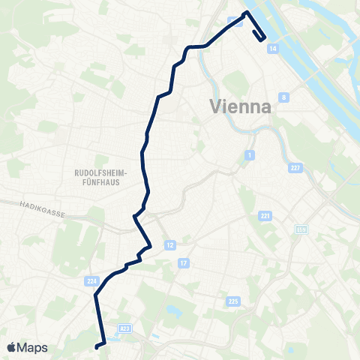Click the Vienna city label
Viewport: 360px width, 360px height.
click(240, 106)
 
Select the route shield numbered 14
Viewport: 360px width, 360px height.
click(272, 47)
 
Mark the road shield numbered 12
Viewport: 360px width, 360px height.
click(170, 245)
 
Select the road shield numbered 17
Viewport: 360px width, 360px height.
click(183, 262)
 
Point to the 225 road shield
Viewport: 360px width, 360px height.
click(233, 301)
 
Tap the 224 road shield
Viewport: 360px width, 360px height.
click(92, 280)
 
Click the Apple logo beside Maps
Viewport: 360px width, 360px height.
click(11, 347)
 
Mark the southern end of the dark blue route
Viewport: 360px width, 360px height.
click(97, 346)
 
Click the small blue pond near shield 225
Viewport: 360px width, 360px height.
click(174, 310)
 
